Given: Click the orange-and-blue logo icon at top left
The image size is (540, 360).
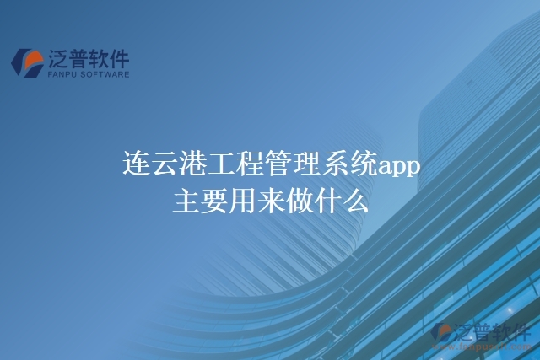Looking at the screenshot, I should (27, 61).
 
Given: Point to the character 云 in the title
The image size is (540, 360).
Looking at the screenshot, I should (165, 164).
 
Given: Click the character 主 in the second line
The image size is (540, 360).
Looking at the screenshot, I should (186, 202).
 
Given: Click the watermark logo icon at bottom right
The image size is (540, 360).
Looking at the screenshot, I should (441, 333).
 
